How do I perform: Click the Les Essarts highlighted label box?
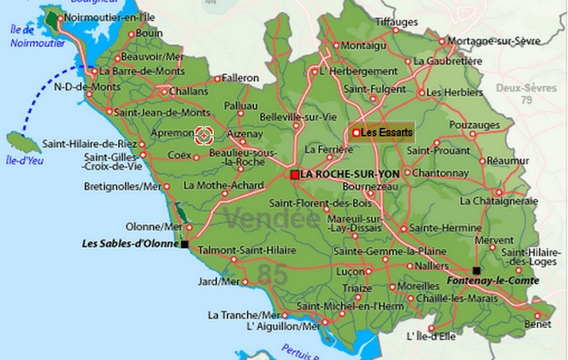[381, 132]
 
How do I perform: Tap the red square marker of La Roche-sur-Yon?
[295, 174]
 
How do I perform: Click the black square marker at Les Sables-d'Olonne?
[185, 244]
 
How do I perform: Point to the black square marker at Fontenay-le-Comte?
[476, 271]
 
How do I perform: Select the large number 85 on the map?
[273, 273]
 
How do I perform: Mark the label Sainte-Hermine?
[437, 229]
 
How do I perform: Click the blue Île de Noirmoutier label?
[27, 36]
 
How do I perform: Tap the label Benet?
[537, 324]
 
